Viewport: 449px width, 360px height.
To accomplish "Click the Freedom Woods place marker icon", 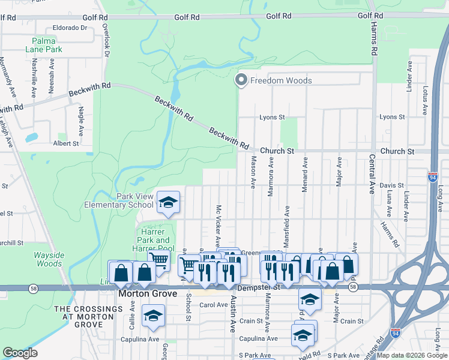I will (241, 80).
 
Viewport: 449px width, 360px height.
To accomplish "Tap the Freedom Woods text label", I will (281, 80).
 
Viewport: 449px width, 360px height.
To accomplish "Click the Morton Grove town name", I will (147, 294).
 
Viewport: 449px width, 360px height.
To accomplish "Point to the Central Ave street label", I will (372, 178).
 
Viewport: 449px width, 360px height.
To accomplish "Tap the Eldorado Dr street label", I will (70, 28).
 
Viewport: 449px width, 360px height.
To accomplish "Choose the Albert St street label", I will (66, 144).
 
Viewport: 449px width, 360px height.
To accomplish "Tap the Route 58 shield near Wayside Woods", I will (31, 288).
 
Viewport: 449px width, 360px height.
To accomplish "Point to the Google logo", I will (20, 353).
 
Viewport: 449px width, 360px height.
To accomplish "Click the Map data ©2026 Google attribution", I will (411, 355).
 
